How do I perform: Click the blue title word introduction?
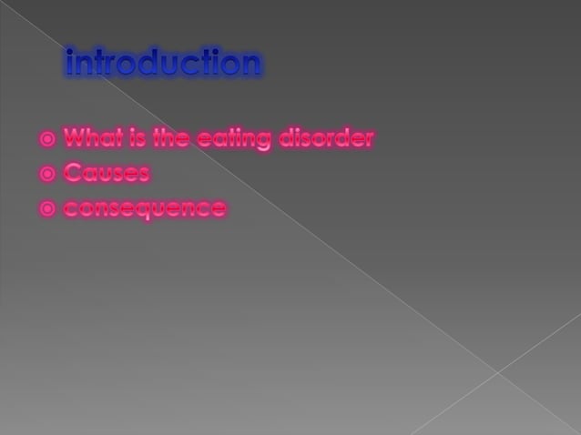[x=164, y=63]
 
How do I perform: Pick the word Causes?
[x=107, y=173]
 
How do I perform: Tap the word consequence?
[x=145, y=208]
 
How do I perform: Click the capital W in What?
[x=76, y=139]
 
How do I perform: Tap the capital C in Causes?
[x=73, y=173]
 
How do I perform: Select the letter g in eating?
[x=265, y=142]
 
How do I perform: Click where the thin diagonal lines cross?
[x=497, y=371]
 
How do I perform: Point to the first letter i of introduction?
[x=70, y=62]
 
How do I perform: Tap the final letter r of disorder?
[x=369, y=140]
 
